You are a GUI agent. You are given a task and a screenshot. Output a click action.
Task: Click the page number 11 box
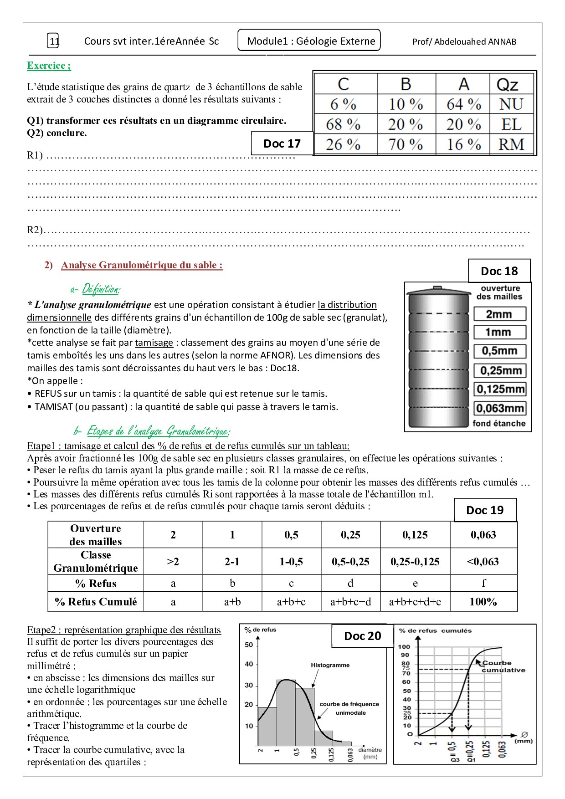pos(53,41)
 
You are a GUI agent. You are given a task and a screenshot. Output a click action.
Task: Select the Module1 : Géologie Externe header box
pos(309,41)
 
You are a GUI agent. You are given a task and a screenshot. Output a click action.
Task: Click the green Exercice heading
pos(49,66)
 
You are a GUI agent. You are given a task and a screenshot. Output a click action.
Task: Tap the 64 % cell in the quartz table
pos(463,104)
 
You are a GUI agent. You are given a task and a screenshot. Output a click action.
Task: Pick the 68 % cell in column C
pos(343,124)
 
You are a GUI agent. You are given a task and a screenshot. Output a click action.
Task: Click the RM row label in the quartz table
pos(511,144)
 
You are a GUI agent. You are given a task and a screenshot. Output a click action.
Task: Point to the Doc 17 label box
pos(282,143)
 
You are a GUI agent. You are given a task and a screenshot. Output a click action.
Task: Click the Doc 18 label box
pos(499,271)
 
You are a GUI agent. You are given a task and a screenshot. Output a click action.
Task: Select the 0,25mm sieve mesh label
pos(500,370)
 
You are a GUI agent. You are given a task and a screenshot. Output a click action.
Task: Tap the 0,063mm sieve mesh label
pos(500,408)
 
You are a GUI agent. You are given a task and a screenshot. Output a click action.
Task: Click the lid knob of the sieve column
pos(437,287)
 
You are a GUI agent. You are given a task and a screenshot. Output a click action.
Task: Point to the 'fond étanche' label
pos(499,423)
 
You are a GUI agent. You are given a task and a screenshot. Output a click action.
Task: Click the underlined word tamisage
pos(154,343)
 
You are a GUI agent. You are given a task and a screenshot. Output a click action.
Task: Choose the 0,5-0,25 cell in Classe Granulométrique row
pos(350,562)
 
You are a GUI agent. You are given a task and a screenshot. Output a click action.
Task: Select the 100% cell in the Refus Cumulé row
pos(483,602)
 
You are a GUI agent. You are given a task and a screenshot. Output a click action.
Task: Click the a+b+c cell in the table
pos(291,602)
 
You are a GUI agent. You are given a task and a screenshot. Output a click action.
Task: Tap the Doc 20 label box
pos(362,636)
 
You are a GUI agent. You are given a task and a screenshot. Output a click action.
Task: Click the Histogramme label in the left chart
pos(330,665)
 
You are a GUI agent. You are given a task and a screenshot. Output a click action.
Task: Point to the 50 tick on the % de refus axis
pos(249,645)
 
